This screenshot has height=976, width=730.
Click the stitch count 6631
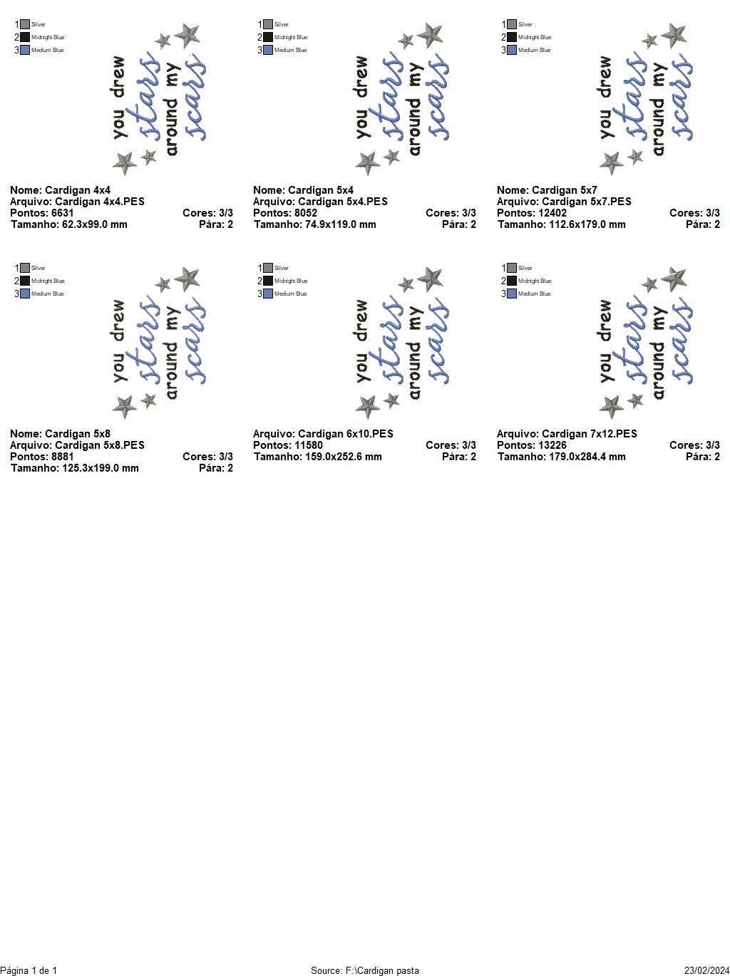click(62, 213)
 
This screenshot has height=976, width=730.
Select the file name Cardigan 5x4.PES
click(343, 202)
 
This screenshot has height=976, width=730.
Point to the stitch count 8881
click(62, 457)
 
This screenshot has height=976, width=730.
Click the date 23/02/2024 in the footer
click(706, 970)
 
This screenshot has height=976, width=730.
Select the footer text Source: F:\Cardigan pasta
click(365, 970)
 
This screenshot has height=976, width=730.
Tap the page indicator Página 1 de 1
click(29, 970)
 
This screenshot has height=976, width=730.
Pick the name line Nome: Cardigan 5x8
click(61, 434)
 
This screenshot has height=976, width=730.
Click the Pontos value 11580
click(308, 445)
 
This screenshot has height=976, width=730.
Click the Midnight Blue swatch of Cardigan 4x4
click(25, 37)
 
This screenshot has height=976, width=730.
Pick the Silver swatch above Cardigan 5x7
click(512, 24)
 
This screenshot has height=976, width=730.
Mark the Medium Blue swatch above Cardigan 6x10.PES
click(268, 294)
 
